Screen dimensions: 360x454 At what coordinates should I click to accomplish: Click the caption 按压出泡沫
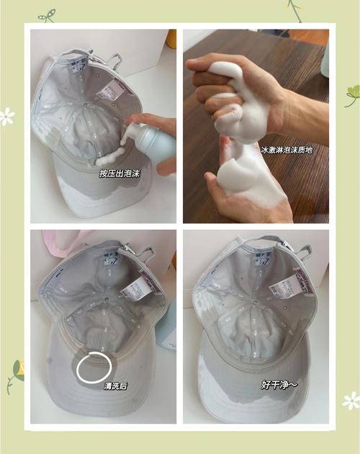click(120, 174)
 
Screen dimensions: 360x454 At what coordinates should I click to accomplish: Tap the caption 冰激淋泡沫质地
click(287, 150)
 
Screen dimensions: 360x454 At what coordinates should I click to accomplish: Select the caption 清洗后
click(116, 386)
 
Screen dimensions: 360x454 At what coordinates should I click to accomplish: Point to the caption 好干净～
click(279, 385)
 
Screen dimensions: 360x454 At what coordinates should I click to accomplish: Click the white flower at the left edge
click(6, 117)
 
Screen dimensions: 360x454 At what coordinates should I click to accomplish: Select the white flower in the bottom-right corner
click(351, 401)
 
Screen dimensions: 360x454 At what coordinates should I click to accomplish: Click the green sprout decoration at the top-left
click(47, 16)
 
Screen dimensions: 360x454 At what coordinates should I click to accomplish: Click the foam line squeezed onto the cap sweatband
click(110, 157)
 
